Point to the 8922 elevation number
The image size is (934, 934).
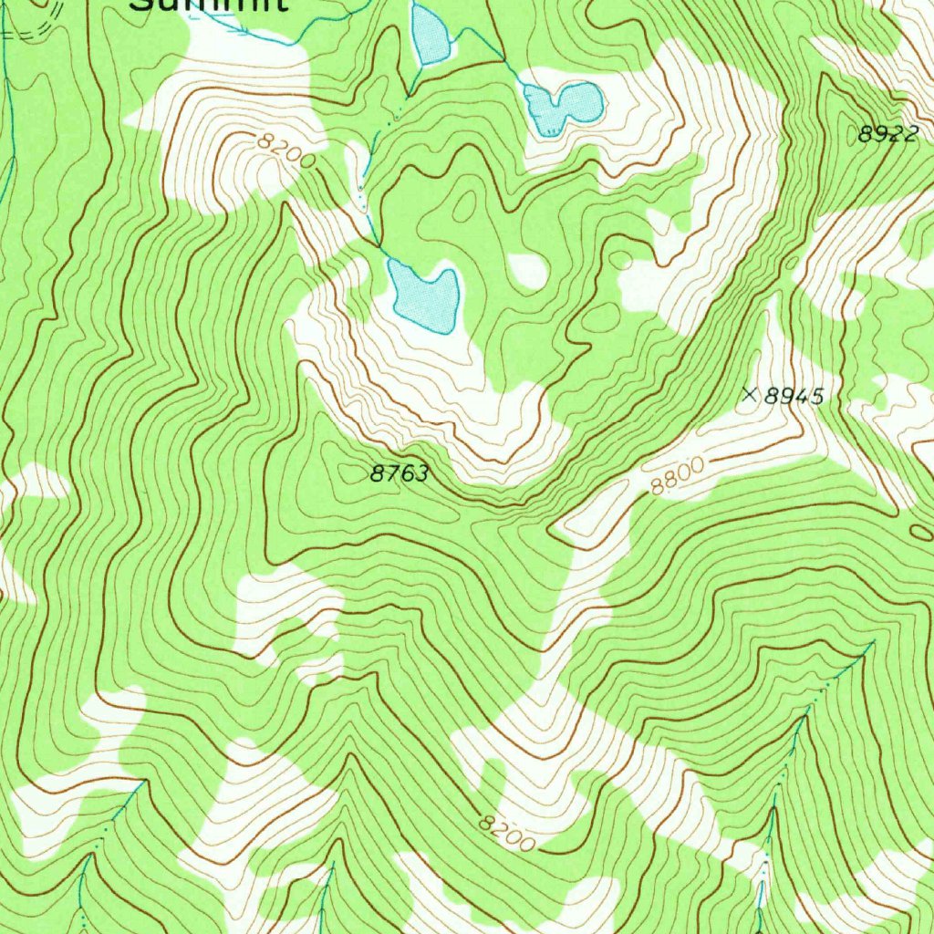887,134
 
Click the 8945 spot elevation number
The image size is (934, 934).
794,396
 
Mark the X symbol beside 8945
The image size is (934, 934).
750,395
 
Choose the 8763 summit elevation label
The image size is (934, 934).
399,473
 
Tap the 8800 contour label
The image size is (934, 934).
677,477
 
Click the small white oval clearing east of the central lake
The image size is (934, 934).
528,271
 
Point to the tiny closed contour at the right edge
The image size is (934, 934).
923,531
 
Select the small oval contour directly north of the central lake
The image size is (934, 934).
465,205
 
